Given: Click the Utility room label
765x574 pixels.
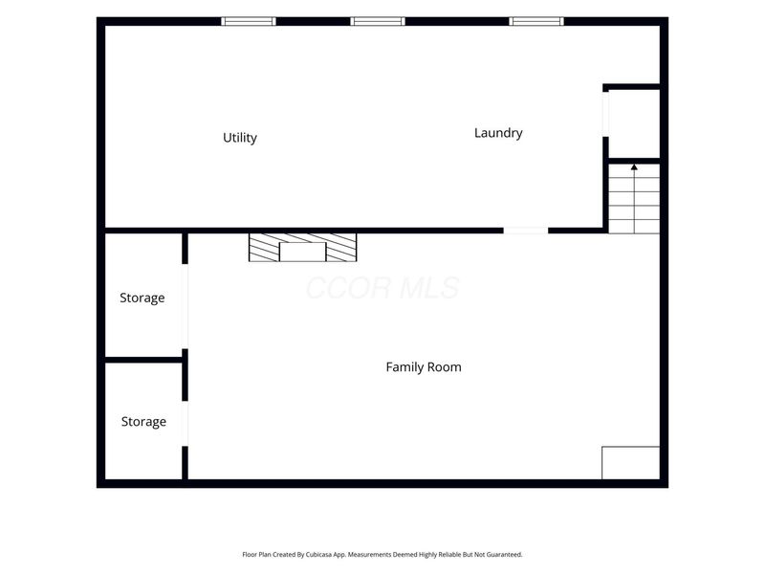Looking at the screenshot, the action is pos(240,138).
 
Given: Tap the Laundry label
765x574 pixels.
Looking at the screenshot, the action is pos(498,133).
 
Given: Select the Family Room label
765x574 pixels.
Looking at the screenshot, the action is pos(424,367).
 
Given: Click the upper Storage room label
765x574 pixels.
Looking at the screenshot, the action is pos(142,298).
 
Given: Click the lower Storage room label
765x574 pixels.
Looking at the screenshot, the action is pos(143,421).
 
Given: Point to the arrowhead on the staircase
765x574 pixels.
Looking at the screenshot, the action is pos(634,167).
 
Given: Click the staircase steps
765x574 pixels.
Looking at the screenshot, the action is pos(634,199).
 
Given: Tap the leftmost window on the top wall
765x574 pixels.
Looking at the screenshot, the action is pos(249,21).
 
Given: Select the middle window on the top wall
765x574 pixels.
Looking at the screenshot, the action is pos(378,21).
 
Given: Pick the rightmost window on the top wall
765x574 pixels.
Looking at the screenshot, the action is pos(536,21).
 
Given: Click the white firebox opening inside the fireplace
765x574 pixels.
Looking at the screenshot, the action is pos(302,252).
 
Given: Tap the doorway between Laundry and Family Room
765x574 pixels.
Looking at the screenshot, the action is pos(525,231).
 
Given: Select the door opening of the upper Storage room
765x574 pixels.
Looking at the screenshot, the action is pos(185,306).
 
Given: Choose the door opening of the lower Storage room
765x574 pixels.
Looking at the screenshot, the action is pos(185,424).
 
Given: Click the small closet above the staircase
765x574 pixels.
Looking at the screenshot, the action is pos(634,124).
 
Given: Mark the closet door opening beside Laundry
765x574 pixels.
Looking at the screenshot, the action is pos(605,115).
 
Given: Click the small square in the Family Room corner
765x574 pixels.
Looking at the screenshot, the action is pos(631,463).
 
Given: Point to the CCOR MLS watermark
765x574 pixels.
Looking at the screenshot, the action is pos(383,288).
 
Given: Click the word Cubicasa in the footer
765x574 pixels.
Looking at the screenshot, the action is pos(317,555).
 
